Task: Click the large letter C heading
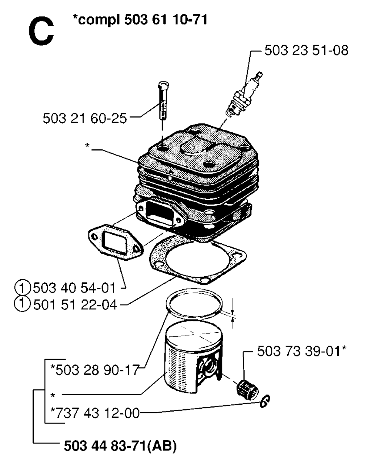coord(41,32)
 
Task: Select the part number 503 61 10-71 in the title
coord(166,20)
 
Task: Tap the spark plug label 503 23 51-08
coord(306,50)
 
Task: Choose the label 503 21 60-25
coord(85,119)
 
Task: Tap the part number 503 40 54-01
coord(74,288)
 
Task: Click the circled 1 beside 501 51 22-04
coord(22,305)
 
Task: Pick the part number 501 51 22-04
coord(75,305)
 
